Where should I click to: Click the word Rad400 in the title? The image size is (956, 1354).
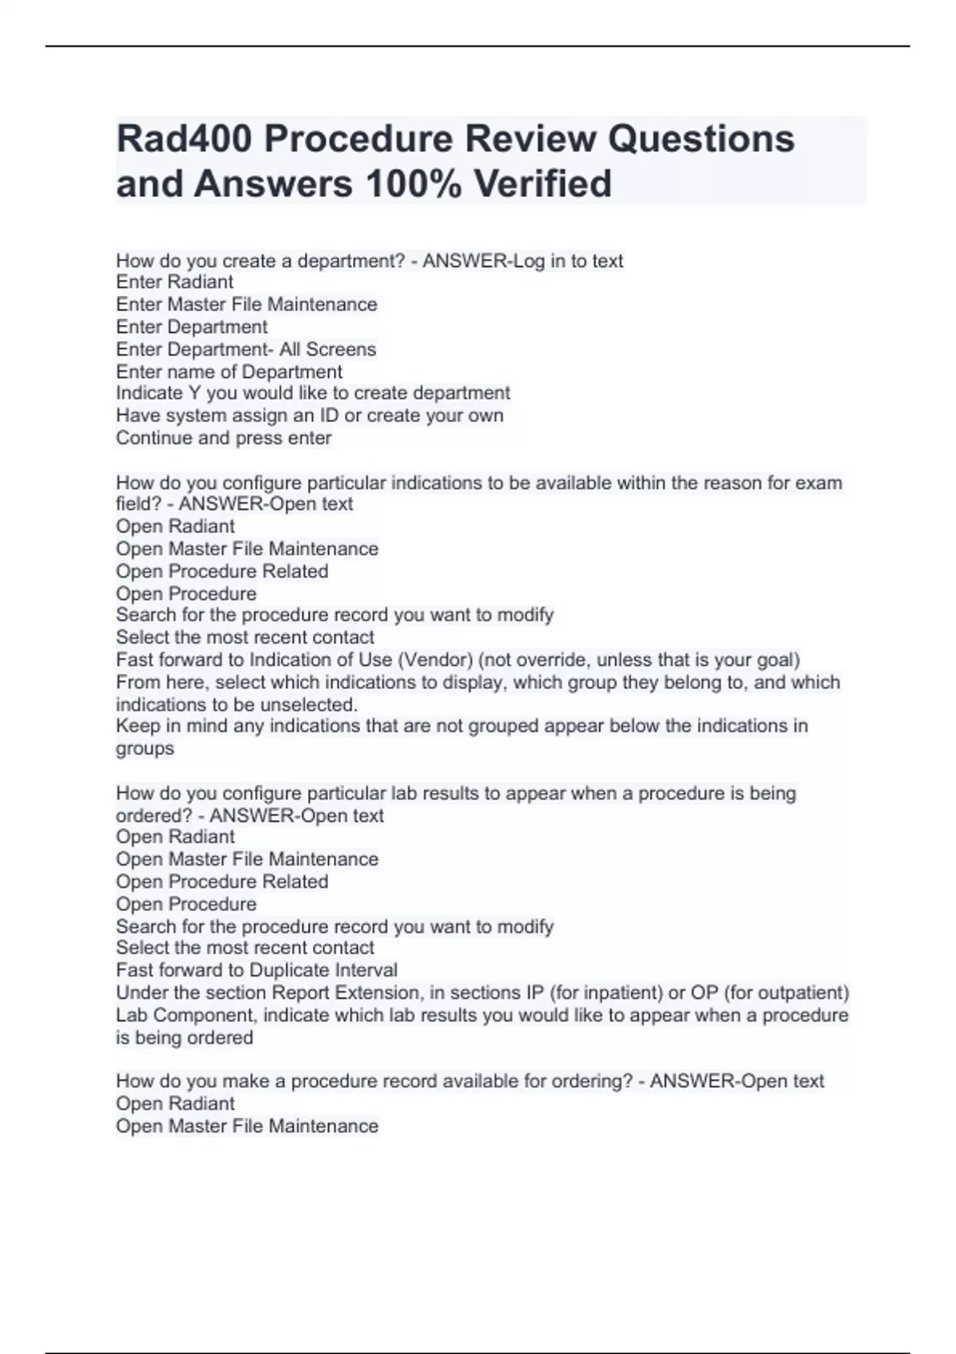pyautogui.click(x=183, y=139)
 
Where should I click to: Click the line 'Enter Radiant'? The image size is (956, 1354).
pyautogui.click(x=174, y=282)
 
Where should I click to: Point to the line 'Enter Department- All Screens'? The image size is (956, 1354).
pyautogui.click(x=245, y=350)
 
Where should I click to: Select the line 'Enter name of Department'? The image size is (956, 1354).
pyautogui.click(x=229, y=372)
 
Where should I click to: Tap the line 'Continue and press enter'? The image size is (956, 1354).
pyautogui.click(x=223, y=438)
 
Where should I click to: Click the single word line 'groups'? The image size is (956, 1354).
pyautogui.click(x=144, y=749)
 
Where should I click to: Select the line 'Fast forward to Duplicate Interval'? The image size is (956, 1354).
pyautogui.click(x=256, y=970)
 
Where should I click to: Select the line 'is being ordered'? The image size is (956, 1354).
pyautogui.click(x=184, y=1038)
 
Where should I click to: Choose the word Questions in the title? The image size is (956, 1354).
pyautogui.click(x=701, y=139)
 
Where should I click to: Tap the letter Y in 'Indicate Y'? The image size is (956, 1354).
pyautogui.click(x=194, y=393)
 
